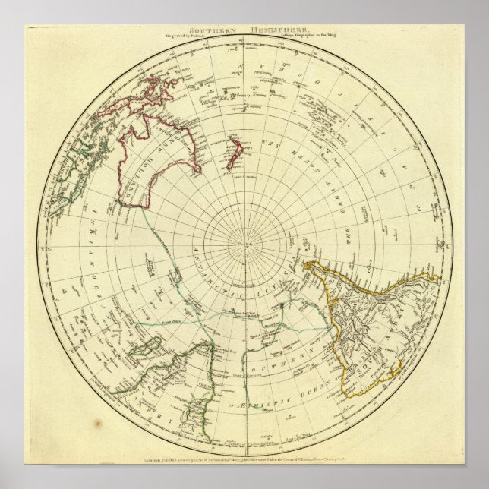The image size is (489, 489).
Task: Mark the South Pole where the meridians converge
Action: [x=244, y=244]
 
